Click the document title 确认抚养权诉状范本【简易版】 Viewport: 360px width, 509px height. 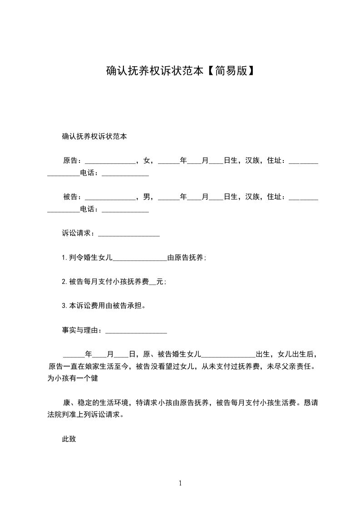tap(180, 71)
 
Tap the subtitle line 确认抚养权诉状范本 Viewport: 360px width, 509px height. tap(94, 137)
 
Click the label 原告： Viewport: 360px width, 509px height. tap(73, 161)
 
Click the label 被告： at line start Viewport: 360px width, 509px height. tap(73, 197)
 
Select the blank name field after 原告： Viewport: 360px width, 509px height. tap(110, 161)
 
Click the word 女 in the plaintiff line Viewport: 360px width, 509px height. tap(146, 161)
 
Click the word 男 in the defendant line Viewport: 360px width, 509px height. tap(146, 197)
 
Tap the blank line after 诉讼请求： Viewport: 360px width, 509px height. tap(128, 234)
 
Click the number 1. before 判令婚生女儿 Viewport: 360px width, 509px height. tap(65, 258)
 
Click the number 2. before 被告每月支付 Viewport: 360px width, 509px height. tap(65, 282)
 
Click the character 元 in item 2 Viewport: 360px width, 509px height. tap(159, 282)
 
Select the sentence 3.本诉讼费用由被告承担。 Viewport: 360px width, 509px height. tap(104, 306)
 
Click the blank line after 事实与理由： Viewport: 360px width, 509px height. tap(136, 331)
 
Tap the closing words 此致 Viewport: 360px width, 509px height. tap(69, 439)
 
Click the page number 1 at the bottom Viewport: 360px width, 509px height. tap(180, 483)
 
